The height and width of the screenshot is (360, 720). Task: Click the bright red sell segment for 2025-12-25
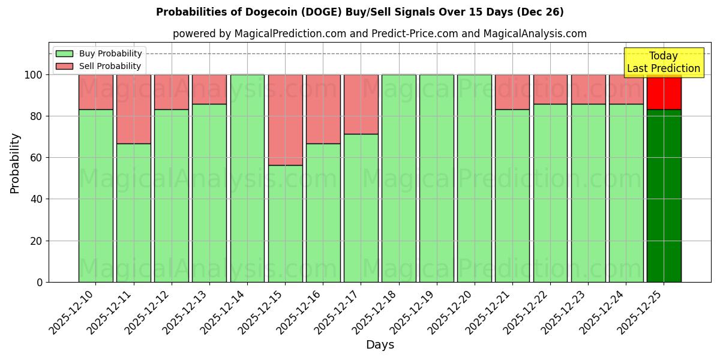coord(664,92)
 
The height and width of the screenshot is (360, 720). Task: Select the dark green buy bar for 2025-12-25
coord(664,196)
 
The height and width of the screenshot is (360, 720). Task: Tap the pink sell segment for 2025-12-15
coord(285,119)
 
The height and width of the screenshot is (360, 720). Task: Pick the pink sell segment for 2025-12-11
coord(133,109)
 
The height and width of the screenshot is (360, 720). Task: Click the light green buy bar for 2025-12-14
coord(247,178)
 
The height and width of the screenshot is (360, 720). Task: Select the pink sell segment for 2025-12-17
coord(361,104)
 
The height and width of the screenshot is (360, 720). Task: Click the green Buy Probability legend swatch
coord(64,54)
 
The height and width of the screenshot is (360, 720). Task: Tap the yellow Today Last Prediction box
coord(663,62)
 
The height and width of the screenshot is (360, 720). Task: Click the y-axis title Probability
coord(16,163)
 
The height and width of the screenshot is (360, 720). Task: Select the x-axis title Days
coord(380,345)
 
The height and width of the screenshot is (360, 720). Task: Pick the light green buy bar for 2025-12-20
coord(475,178)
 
